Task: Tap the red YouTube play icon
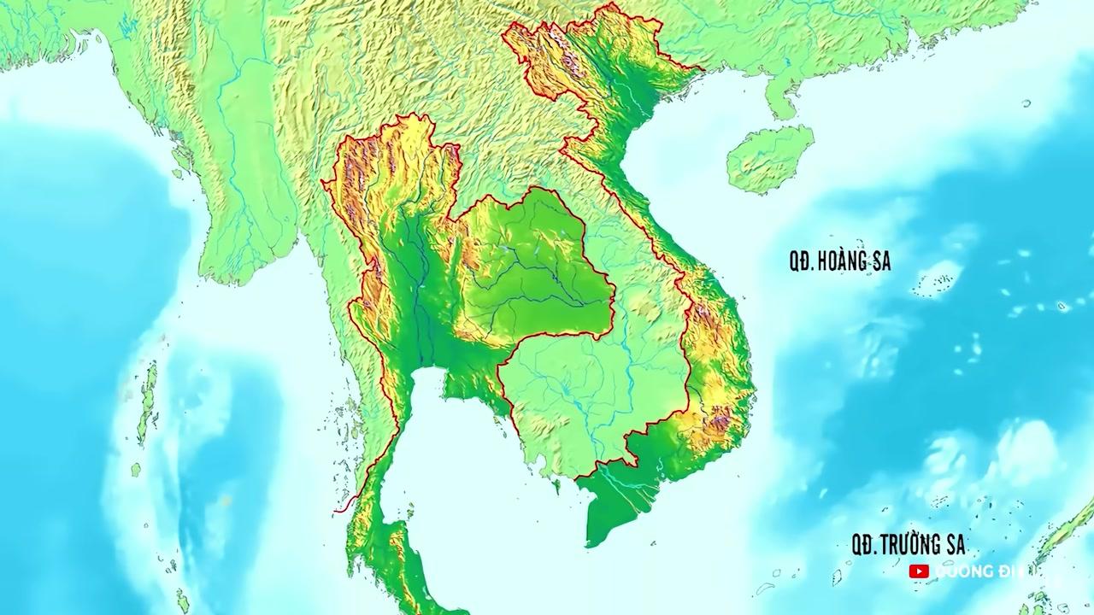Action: [919, 571]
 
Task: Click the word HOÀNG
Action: [844, 262]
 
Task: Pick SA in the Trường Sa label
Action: [954, 544]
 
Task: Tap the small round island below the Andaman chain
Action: [136, 470]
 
